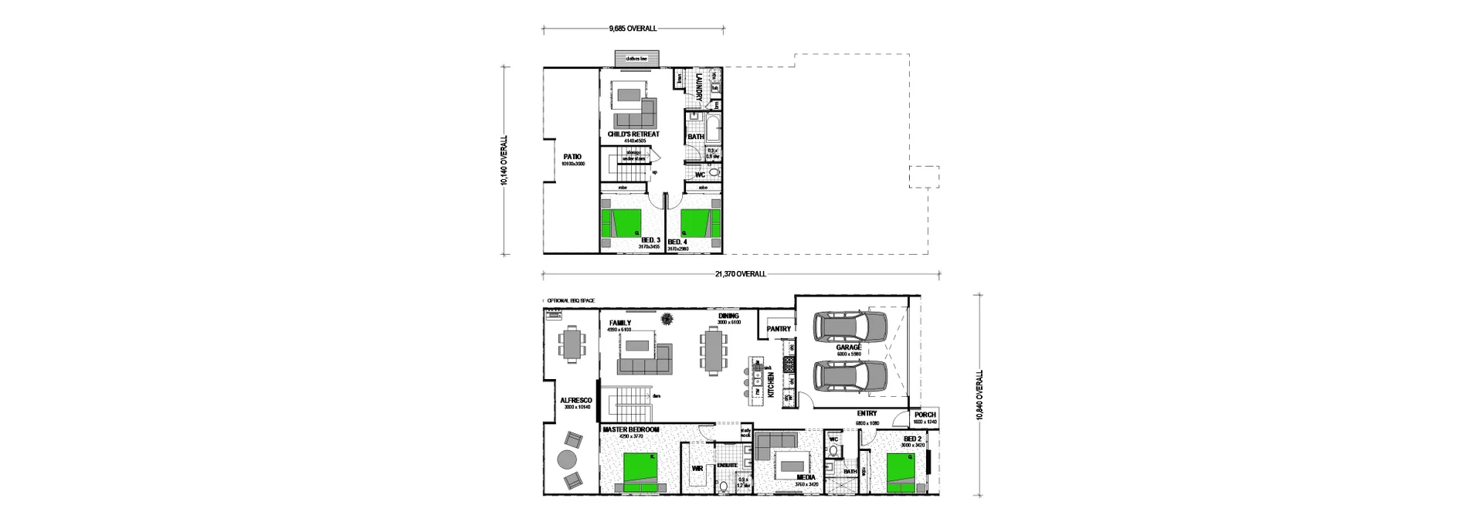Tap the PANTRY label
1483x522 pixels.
(778, 329)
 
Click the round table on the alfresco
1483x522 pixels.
(568, 460)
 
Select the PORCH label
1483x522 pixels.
(925, 415)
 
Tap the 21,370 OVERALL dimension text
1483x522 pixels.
(740, 274)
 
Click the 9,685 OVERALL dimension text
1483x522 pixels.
(632, 29)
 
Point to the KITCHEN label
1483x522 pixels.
(770, 385)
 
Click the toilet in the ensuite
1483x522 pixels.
(724, 486)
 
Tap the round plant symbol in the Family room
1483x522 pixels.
(667, 317)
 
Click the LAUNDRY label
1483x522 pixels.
(698, 86)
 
